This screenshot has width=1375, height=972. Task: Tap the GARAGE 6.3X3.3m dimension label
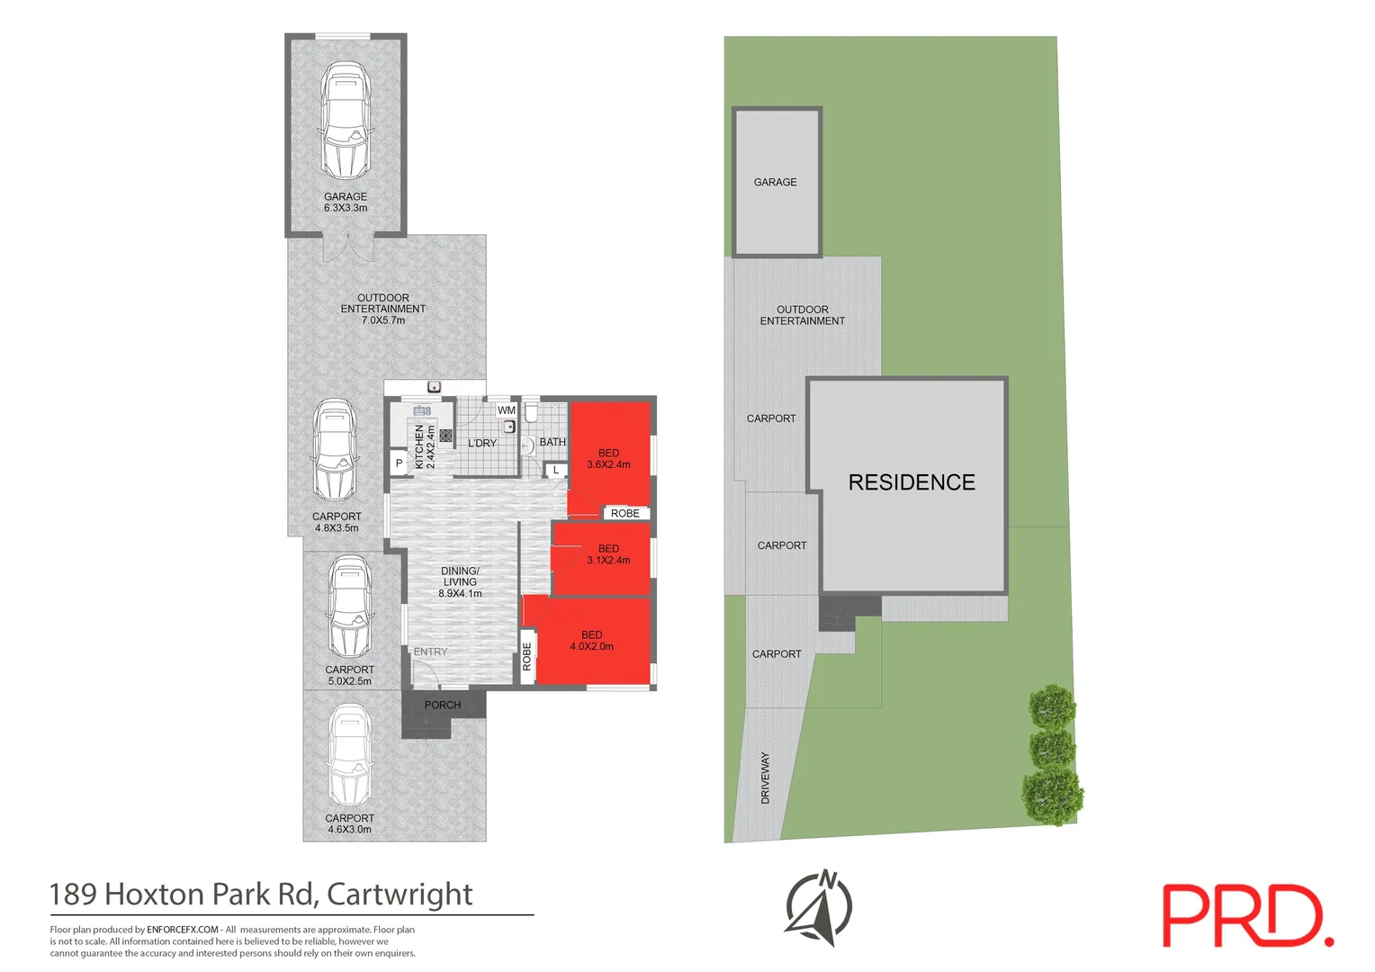346,202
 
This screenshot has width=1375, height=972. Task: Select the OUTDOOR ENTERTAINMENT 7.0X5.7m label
383,309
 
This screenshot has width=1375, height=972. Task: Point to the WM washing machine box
507,410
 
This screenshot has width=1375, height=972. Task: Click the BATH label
553,442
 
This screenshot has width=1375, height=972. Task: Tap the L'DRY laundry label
482,443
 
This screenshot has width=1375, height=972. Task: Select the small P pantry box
399,463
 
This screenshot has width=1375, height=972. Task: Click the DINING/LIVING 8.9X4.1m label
460,582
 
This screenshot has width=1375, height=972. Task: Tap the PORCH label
443,705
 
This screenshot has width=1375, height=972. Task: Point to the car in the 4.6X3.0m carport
349,756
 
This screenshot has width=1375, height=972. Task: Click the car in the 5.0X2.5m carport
350,607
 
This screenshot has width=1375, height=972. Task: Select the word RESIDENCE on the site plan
912,482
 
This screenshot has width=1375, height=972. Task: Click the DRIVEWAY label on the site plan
766,778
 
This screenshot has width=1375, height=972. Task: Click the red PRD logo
1247,915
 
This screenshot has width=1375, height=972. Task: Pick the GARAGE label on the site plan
776,182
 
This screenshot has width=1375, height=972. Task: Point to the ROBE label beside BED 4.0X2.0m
527,656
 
